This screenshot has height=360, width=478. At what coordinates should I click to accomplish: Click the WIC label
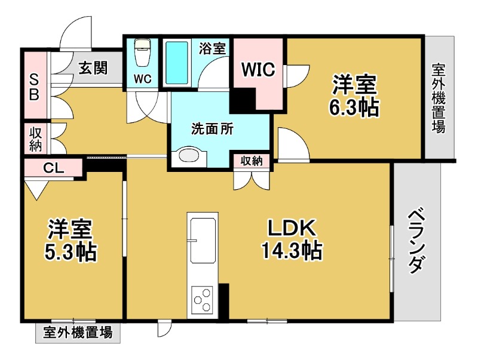pos(258,70)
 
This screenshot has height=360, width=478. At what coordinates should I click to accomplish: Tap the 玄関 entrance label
pos(93,68)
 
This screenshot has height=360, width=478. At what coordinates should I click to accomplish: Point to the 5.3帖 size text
pos(71,253)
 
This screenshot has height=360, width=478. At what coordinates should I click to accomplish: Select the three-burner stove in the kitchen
pos(202,299)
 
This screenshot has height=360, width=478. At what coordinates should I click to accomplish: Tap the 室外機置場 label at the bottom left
pos(78,333)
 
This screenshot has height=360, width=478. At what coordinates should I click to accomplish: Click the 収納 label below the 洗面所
pos(252,161)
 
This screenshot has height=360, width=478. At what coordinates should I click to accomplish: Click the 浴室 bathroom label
pos(213,48)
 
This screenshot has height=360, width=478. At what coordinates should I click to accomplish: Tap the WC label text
pos(142,79)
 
